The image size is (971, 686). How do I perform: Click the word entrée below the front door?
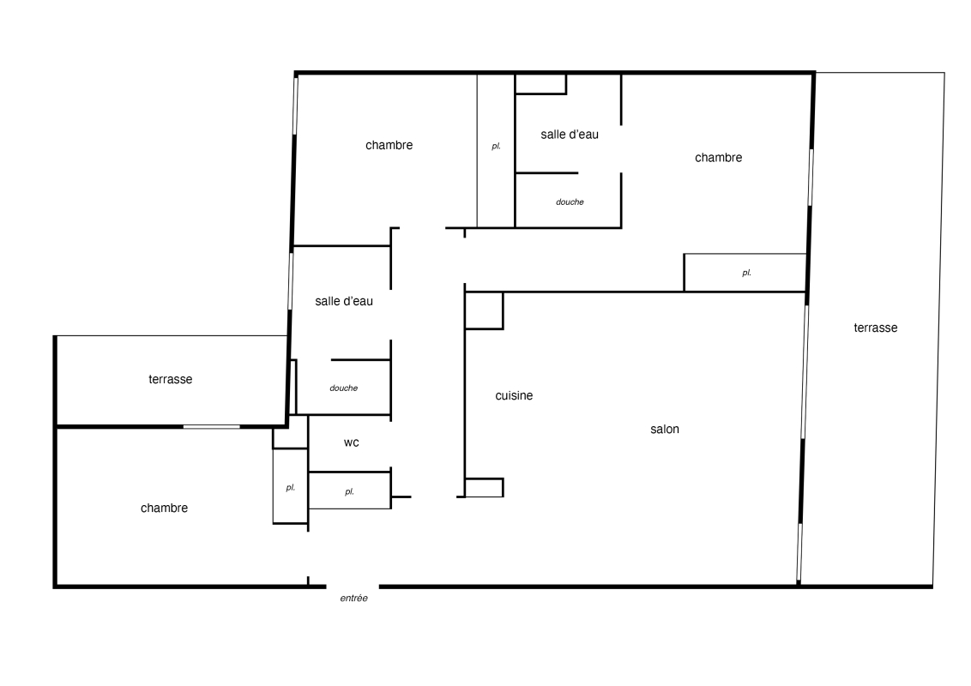point(353,598)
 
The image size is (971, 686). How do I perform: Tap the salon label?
point(665,429)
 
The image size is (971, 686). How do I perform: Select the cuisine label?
point(514,395)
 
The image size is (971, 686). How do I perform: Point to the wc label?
point(351,442)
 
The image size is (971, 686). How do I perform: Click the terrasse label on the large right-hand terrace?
point(876,328)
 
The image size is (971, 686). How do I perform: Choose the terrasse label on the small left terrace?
point(171,380)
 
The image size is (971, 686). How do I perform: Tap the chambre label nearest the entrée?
point(164,508)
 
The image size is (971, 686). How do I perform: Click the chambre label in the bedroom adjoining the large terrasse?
point(718,158)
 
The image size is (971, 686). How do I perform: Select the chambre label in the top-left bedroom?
point(389,146)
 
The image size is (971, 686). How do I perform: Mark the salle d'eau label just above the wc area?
point(344,302)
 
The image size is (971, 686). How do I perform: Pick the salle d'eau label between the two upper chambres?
point(570,135)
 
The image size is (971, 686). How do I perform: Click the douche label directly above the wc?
point(344,388)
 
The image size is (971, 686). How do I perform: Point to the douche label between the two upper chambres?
point(570,202)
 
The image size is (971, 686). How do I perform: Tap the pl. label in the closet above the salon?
point(747,273)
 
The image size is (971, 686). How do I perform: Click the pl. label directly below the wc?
point(350,492)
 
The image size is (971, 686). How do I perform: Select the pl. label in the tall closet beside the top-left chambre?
point(496,147)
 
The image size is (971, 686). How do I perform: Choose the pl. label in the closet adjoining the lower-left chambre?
point(291,488)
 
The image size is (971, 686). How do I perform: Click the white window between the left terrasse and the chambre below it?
point(211,426)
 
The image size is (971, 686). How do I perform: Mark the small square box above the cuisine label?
point(485,310)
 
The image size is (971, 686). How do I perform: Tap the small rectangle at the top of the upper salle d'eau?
point(540,84)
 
